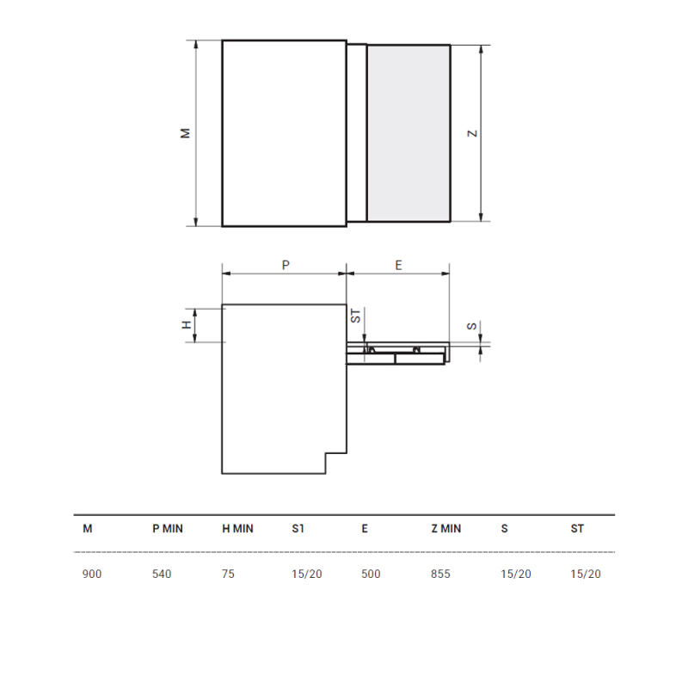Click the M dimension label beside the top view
pos(185,133)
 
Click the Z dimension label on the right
pos(472,133)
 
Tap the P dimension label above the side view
pos(286,265)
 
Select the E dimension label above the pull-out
pos(398,265)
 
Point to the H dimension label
pos(187,325)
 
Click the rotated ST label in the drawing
pos(355,316)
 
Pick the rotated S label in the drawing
pos(471,326)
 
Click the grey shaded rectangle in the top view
pos(408,133)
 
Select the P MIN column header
pos(168,529)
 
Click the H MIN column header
pos(238,529)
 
